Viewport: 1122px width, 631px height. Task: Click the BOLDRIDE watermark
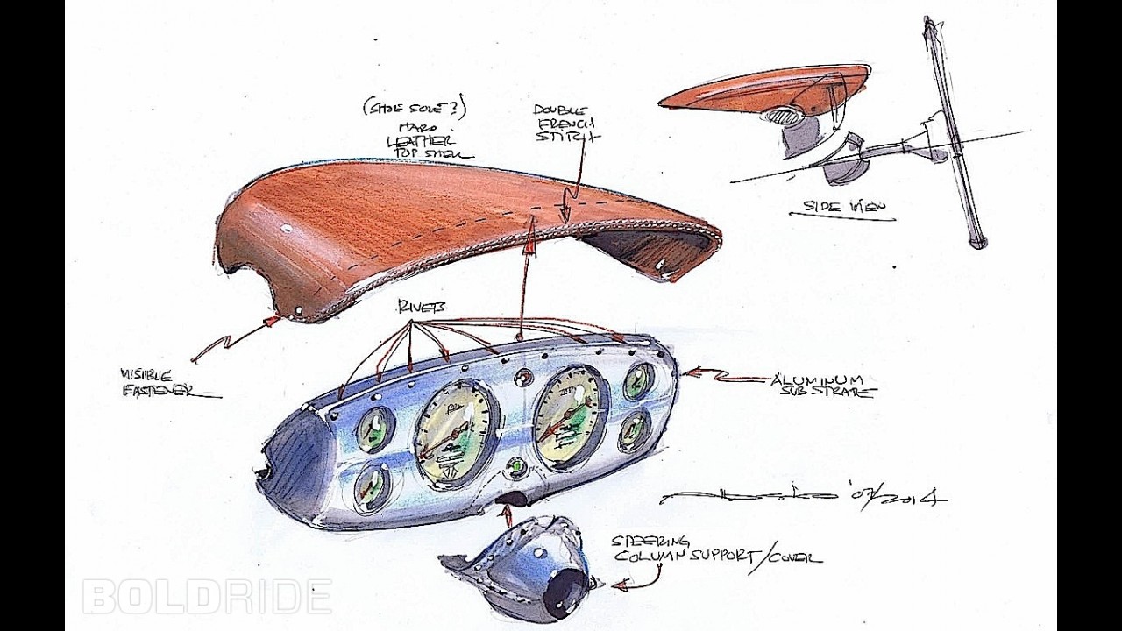[207, 597]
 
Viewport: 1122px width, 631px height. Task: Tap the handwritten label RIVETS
[421, 307]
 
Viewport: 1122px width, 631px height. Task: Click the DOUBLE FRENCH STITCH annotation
[566, 124]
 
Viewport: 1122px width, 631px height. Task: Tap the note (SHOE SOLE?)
[415, 110]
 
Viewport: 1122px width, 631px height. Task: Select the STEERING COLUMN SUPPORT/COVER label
[714, 549]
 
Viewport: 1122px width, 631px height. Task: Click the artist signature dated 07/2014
[802, 497]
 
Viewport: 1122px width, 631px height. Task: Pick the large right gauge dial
[570, 416]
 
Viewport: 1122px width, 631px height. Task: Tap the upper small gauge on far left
[374, 429]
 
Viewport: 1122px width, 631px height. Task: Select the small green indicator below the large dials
[516, 466]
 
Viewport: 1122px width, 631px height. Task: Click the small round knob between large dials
[523, 379]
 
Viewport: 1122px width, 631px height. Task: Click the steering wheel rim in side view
[954, 131]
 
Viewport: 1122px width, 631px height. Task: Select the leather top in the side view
[763, 88]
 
